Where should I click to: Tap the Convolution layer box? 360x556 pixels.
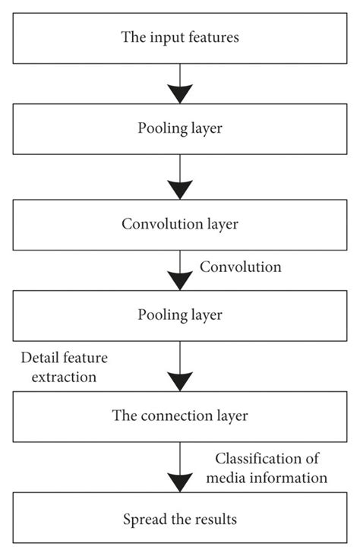point(180,225)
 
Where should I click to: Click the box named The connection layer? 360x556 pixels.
point(180,415)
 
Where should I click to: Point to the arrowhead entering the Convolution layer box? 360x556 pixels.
point(180,188)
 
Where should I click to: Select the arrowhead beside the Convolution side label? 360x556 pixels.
point(180,278)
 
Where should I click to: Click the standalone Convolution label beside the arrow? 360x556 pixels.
point(240,267)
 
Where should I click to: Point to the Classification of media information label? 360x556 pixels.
point(270,468)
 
